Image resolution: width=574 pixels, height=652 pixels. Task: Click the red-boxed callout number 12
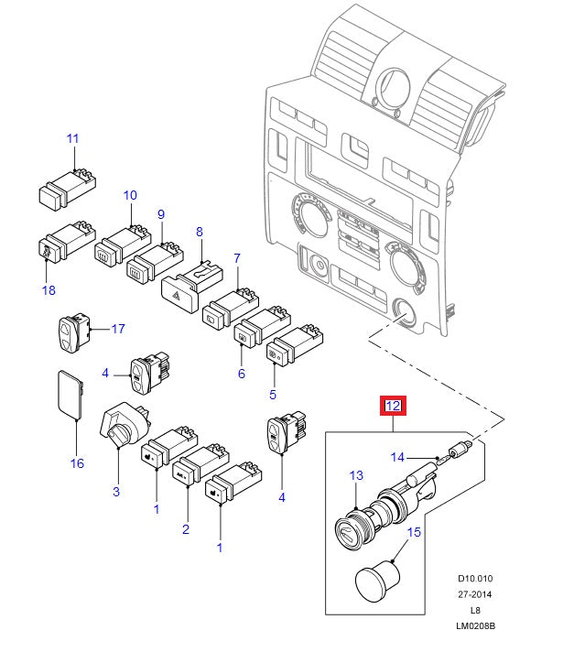pos(393,406)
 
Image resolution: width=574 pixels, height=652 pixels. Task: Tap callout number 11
pos(73,138)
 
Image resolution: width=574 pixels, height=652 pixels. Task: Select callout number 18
pos(49,290)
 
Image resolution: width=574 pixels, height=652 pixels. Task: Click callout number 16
pos(77,463)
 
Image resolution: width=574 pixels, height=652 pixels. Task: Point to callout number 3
pos(116,492)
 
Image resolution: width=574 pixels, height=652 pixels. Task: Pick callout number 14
pos(397,456)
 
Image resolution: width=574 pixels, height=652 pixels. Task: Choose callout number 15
pos(414,531)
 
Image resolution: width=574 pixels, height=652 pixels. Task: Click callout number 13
pos(356,475)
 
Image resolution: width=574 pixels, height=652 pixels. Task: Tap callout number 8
pos(199,233)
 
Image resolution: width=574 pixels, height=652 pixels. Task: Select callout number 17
pos(118,328)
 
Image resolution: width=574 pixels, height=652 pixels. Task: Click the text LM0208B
pos(476,626)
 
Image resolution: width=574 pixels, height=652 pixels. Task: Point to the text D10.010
pos(476,579)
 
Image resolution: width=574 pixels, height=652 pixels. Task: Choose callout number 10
pos(130,195)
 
